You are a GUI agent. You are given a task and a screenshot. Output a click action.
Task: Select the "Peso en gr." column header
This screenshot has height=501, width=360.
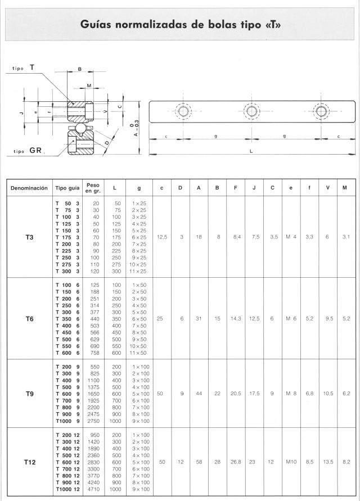click(x=92, y=188)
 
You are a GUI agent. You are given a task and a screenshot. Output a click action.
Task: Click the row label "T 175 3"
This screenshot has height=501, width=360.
click(x=67, y=238)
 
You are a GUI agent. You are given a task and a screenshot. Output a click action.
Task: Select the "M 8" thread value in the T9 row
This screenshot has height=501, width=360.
click(x=291, y=394)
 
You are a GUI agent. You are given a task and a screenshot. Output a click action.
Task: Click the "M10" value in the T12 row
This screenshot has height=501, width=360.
click(x=291, y=462)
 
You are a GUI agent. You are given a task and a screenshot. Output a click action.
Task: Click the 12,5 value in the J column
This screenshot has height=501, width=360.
click(x=254, y=319)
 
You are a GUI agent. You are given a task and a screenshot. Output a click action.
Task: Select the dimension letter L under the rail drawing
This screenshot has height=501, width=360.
click(x=251, y=151)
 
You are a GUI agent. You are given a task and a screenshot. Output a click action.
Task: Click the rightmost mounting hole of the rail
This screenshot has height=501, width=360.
click(x=321, y=111)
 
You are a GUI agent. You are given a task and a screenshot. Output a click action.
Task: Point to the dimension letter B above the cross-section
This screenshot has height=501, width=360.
click(x=80, y=70)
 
